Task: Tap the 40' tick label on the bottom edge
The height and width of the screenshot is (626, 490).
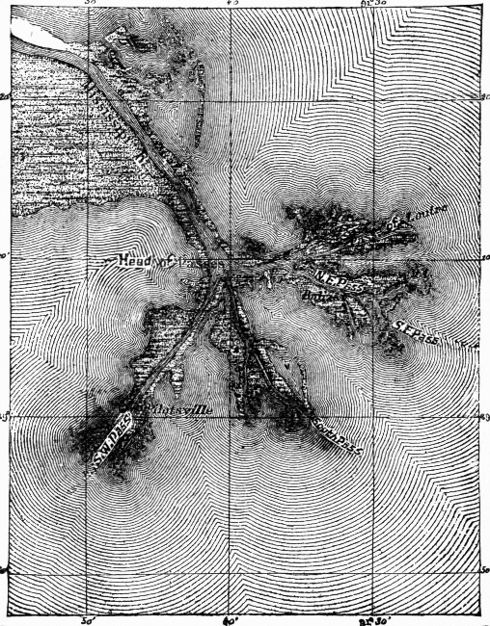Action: (x=231, y=617)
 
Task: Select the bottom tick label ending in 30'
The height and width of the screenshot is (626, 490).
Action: (x=371, y=617)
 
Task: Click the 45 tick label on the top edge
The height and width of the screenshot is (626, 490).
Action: (x=231, y=4)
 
